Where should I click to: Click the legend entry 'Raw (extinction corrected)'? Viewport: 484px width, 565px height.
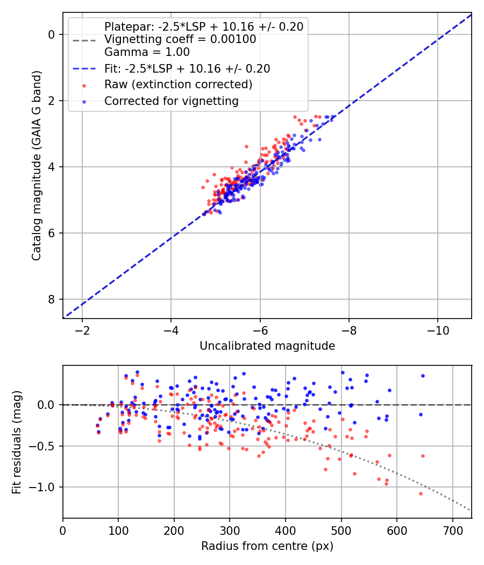point(178,84)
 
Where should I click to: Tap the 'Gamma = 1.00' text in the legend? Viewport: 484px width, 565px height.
point(147,52)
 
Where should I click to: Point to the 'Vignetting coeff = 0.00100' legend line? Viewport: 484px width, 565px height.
point(180,39)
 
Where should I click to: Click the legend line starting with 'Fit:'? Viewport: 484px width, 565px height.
point(187,68)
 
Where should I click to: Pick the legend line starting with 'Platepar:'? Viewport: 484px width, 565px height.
point(203,26)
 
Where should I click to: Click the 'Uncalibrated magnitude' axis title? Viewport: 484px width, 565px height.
point(267,346)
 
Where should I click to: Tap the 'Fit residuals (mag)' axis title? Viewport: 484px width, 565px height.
point(17,441)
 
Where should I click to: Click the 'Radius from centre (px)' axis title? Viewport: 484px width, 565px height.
point(267,546)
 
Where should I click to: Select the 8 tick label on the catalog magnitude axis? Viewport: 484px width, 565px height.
point(52,299)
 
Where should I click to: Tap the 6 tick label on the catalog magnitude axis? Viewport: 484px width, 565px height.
point(52,233)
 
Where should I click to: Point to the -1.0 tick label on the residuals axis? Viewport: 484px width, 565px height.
point(45,487)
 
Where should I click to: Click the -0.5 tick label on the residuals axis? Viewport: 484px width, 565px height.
point(45,446)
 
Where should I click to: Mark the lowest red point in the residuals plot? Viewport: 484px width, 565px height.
point(421,493)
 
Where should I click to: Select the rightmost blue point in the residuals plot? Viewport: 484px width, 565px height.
point(423,376)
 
